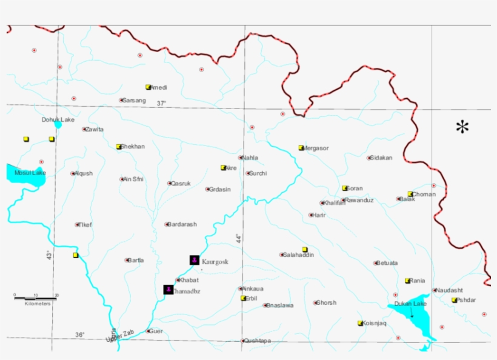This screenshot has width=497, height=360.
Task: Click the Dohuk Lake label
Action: click(58, 119)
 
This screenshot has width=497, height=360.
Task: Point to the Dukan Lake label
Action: click(410, 303)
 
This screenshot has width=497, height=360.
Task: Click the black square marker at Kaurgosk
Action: click(194, 260)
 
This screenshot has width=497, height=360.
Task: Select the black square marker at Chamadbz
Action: click(168, 290)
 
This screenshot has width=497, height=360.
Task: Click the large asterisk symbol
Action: click(463, 127)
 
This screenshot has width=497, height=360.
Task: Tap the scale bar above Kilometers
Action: click(36, 298)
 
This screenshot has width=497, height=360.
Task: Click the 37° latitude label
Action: click(161, 104)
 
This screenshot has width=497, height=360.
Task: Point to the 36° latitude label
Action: click(80, 335)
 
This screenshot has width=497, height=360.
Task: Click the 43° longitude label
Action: click(49, 256)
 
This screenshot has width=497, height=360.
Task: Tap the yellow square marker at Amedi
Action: click(148, 87)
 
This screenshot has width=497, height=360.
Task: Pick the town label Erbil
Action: click(252, 298)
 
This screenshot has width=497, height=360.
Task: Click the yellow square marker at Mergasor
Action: click(301, 148)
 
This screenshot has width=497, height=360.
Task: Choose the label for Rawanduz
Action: click(359, 200)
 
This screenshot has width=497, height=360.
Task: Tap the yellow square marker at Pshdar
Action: click(454, 300)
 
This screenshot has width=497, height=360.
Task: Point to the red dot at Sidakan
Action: click(369, 158)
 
